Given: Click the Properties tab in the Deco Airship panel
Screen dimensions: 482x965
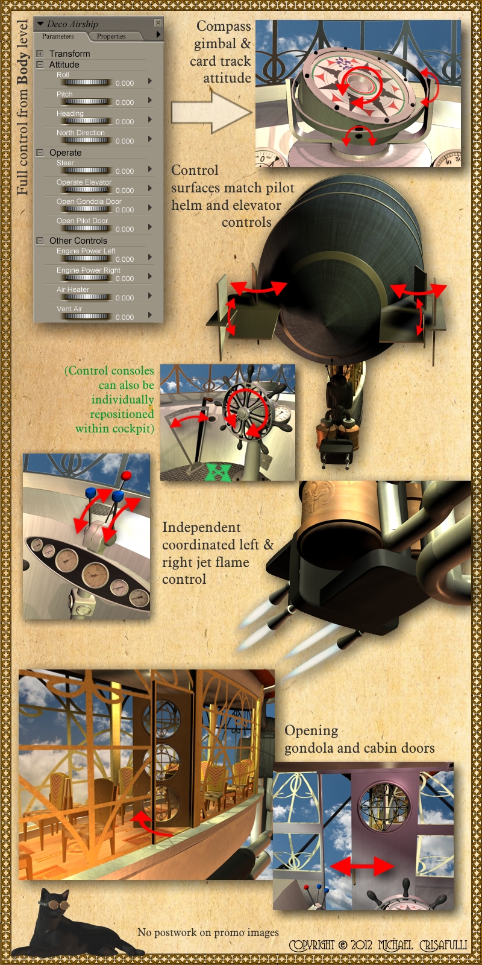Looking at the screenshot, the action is [111, 36].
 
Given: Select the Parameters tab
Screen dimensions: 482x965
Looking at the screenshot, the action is [58, 36].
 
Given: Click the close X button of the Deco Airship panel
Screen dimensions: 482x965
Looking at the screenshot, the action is [158, 22].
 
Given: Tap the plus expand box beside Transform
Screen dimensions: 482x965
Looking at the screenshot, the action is [40, 54].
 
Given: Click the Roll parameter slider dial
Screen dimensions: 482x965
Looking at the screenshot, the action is [87, 82].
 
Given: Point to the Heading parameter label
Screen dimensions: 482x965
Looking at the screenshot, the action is [70, 113].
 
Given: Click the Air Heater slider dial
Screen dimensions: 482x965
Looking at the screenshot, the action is [87, 297].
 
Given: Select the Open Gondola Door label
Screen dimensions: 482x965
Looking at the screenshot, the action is [89, 201].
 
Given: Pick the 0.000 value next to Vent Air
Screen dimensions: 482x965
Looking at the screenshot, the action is [125, 317].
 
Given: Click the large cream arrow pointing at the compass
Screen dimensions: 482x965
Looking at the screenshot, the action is [211, 112].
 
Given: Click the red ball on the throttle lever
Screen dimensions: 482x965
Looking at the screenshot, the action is [126, 476].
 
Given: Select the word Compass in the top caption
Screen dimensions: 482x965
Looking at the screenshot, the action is [224, 26].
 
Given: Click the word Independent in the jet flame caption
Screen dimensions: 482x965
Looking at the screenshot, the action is [201, 528].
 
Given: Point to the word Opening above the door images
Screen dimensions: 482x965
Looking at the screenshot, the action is [311, 731].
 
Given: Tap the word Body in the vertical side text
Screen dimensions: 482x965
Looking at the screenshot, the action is [23, 68].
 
